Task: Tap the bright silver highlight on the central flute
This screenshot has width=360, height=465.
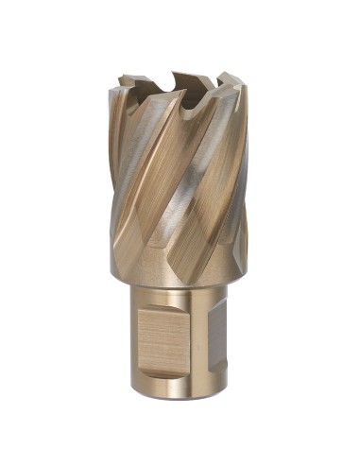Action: [189, 189]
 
